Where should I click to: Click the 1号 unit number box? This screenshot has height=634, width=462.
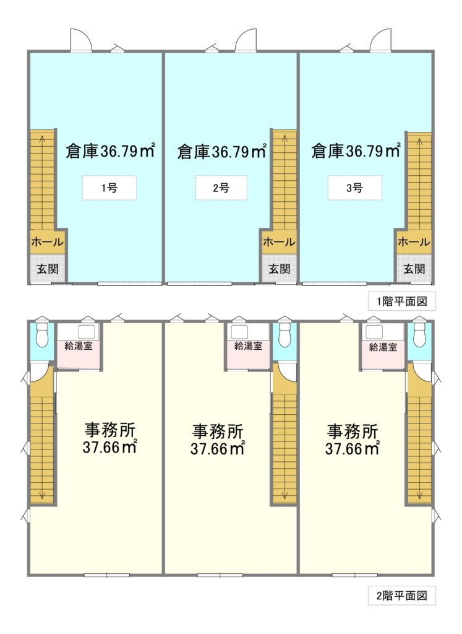109,188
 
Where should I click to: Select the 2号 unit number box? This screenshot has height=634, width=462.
221,188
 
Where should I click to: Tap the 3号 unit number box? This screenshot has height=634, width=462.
354,188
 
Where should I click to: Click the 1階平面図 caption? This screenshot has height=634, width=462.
401,302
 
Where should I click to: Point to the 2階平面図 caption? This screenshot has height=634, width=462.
401,596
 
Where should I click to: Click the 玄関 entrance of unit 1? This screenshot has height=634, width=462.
48,269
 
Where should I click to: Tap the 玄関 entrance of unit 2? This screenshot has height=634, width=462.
279,269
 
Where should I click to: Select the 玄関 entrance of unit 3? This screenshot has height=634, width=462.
414,269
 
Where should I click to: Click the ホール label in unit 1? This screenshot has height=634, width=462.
47,242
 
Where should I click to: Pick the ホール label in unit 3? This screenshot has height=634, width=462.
414,242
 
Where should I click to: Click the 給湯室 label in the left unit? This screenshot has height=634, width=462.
79,346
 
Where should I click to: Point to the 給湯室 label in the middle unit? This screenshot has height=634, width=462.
248,346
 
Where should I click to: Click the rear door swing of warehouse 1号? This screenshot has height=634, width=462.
81,40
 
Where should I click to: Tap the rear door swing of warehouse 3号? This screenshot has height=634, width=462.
380,40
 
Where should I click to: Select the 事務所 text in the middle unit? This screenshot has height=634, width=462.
217,432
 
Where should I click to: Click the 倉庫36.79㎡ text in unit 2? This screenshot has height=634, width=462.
221,152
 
